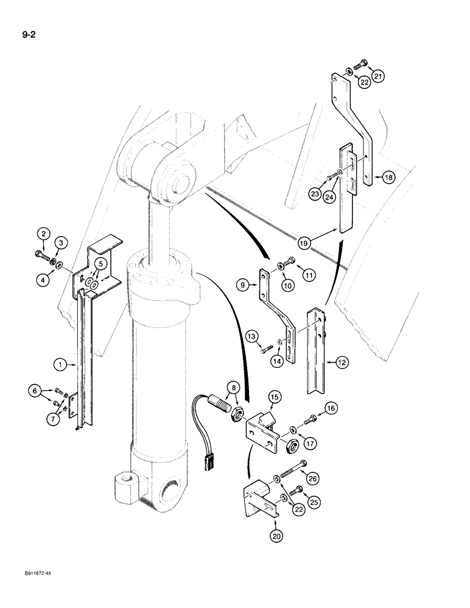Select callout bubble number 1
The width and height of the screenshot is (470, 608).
pos(60,365)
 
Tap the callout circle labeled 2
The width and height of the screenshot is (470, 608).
pos(43,232)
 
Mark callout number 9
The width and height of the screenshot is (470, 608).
pos(243,283)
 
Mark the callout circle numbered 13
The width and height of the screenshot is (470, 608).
pos(251,336)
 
